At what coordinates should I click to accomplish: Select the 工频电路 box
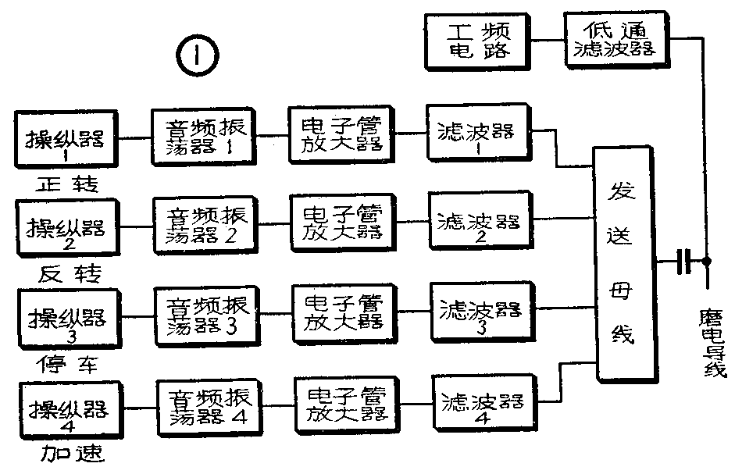pyautogui.click(x=479, y=41)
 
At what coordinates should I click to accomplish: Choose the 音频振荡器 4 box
pyautogui.click(x=210, y=407)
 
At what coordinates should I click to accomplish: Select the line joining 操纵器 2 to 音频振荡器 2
pyautogui.click(x=134, y=226)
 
